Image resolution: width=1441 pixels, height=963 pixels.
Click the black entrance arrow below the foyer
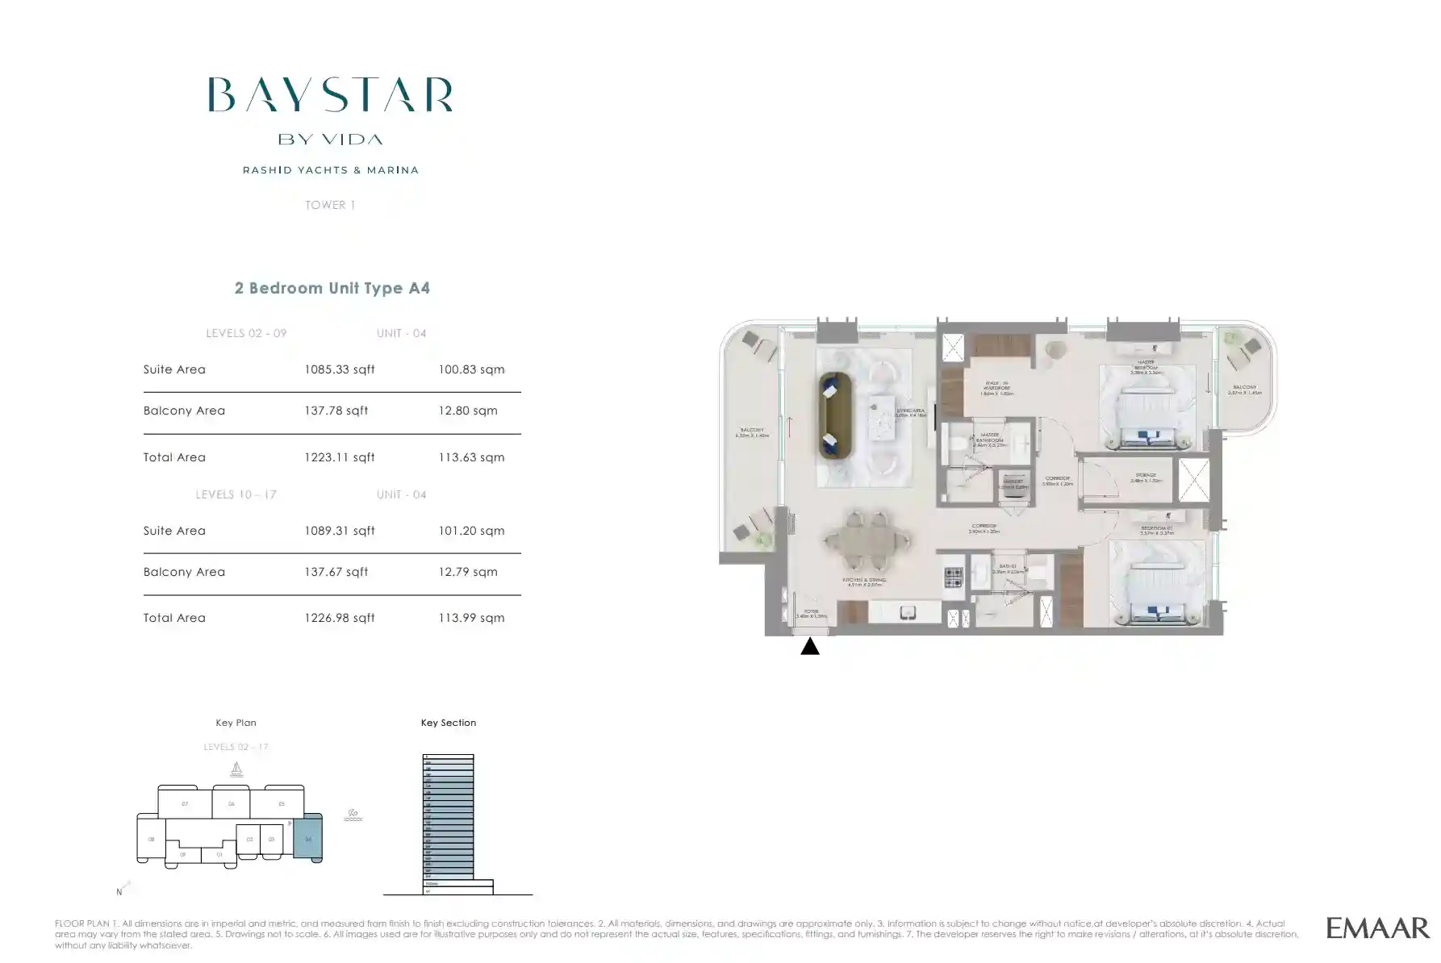click(x=810, y=646)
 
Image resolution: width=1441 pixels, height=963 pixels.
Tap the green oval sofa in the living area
click(x=835, y=415)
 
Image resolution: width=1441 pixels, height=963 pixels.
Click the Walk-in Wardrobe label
click(x=996, y=388)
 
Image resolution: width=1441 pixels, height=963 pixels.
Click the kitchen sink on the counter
click(x=908, y=613)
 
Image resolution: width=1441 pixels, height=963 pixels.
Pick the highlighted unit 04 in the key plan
click(x=307, y=839)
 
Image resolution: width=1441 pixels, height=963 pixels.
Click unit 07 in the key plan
click(x=185, y=804)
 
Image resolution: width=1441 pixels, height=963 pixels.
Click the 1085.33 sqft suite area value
click(x=339, y=369)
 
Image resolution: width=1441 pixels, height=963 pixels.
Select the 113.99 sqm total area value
click(x=471, y=618)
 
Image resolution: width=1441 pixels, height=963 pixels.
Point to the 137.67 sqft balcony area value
click(x=336, y=572)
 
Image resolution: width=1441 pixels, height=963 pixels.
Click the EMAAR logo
click(x=1377, y=928)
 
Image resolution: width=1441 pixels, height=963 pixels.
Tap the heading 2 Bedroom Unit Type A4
click(x=332, y=288)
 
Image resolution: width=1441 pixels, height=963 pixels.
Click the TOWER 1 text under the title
click(x=330, y=205)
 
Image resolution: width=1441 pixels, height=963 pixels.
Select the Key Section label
click(x=448, y=723)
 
